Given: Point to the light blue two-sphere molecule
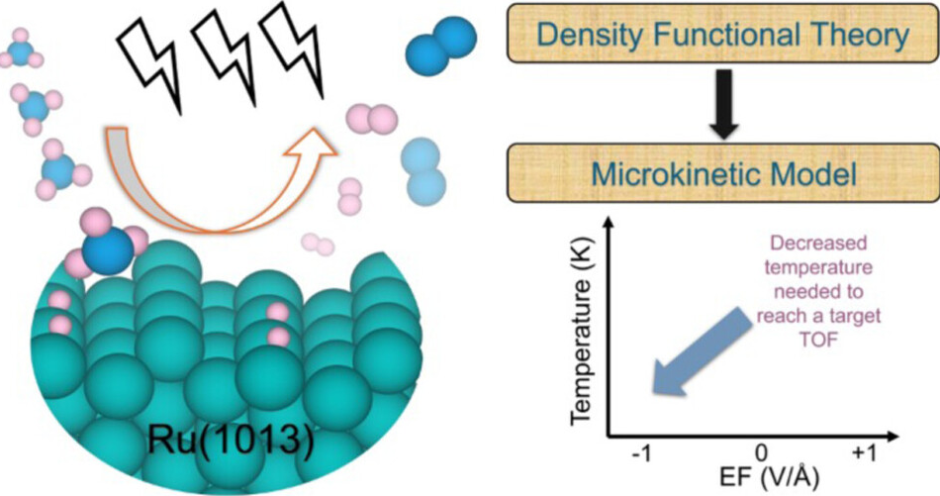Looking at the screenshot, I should (423, 168).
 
